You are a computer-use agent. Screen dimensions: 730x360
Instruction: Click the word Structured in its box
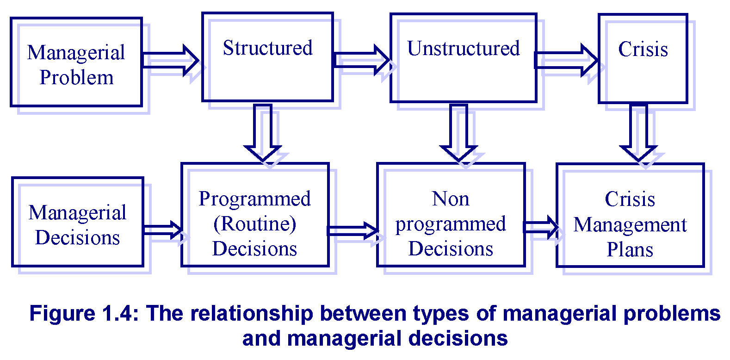coord(268,48)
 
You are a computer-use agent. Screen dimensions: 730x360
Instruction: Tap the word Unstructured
coord(463,49)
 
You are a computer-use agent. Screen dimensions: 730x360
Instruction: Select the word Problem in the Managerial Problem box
coord(77,78)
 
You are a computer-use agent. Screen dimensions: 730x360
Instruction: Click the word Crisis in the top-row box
coord(643,50)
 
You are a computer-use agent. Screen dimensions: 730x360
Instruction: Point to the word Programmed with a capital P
coord(255,199)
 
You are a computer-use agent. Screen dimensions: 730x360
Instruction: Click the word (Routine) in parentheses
coord(255,224)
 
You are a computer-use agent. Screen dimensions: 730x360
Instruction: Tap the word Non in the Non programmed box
coord(451,199)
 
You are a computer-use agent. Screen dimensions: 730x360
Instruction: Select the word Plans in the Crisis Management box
coord(630,250)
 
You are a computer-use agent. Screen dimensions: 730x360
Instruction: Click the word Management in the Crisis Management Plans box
coord(630,225)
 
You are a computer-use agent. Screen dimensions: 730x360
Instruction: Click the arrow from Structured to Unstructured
coord(362,60)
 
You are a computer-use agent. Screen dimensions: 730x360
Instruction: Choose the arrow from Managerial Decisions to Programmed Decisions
coord(163,230)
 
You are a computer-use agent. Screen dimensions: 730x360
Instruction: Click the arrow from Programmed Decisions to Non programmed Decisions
coord(353,230)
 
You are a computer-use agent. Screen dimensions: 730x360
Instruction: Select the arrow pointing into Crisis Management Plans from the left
coord(541,227)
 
